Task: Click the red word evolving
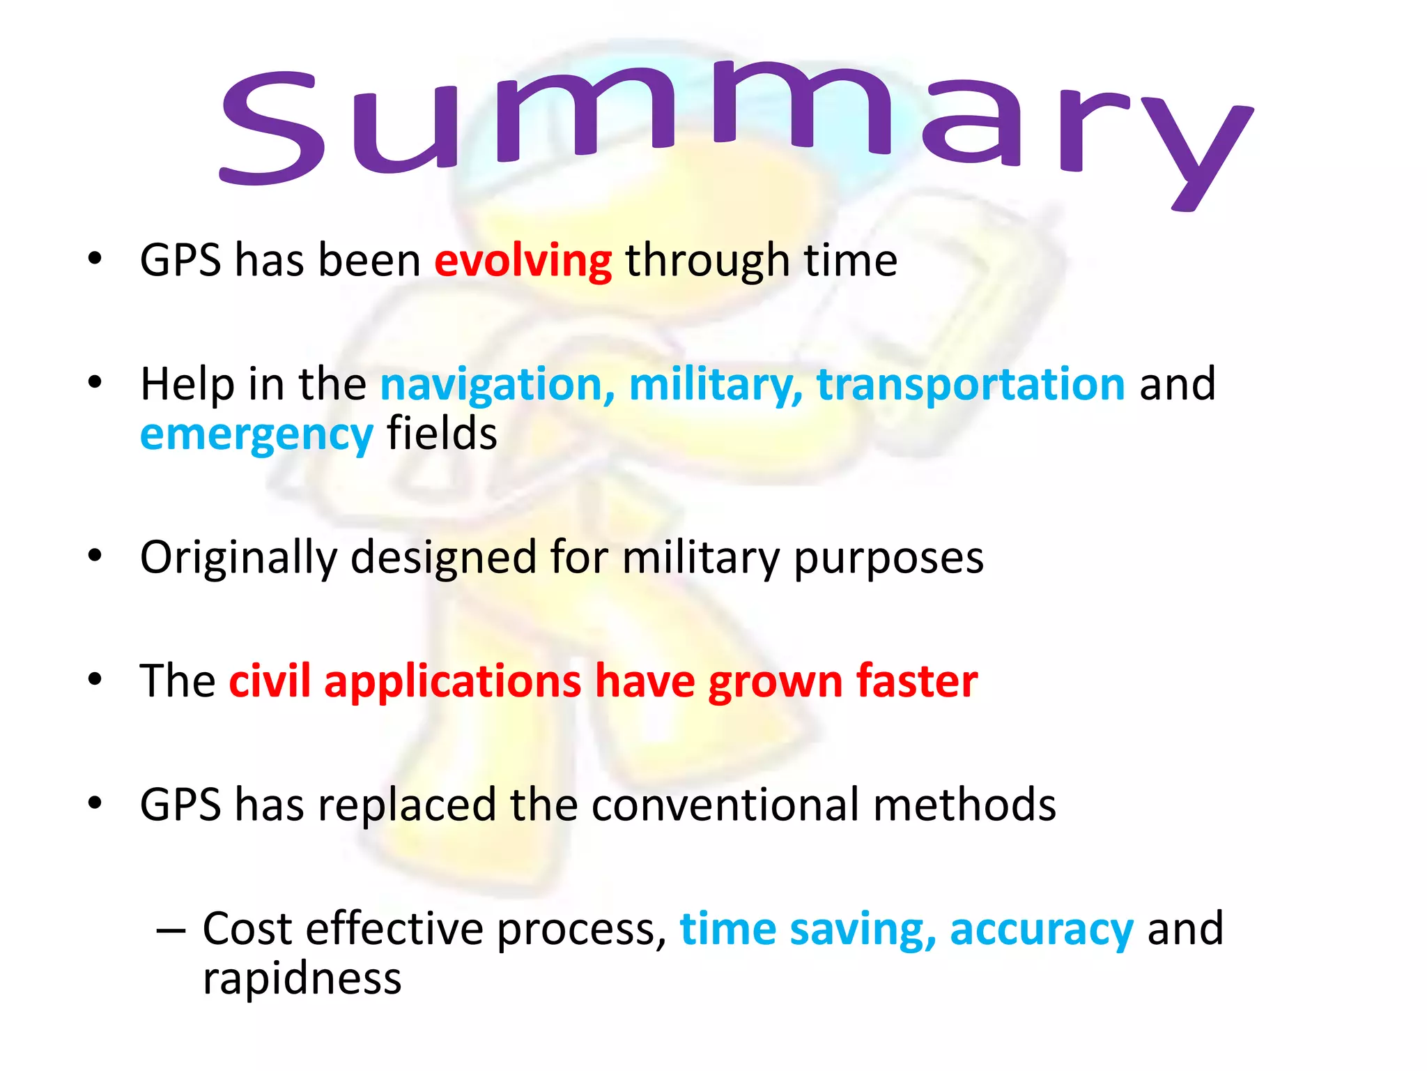tap(523, 261)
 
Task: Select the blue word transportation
tap(971, 385)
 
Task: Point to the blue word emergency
tap(256, 435)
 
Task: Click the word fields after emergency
tap(442, 434)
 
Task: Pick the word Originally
tap(238, 559)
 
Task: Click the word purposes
tap(888, 559)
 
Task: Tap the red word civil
tap(270, 681)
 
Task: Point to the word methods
tap(964, 805)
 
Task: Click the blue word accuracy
tap(1041, 930)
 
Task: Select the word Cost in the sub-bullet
tap(247, 929)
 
